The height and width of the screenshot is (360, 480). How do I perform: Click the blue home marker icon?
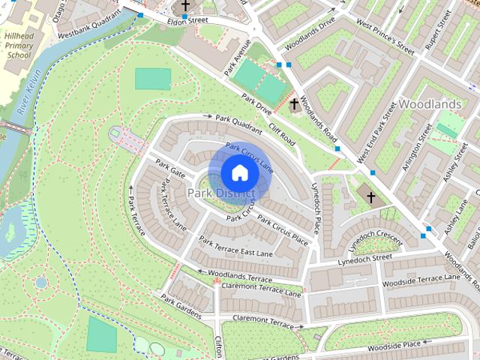pyautogui.click(x=239, y=172)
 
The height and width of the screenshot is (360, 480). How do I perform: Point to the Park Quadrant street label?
pyautogui.click(x=238, y=119)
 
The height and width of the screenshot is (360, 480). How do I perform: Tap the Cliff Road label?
pyautogui.click(x=283, y=136)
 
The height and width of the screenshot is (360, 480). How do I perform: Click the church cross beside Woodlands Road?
pyautogui.click(x=295, y=105)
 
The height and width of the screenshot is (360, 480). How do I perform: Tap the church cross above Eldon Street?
pyautogui.click(x=185, y=6)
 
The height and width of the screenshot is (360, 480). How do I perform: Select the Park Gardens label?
pyautogui.click(x=181, y=305)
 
